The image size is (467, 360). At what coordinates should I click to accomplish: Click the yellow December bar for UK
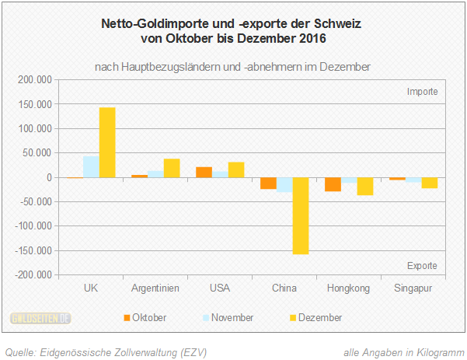pos(106,142)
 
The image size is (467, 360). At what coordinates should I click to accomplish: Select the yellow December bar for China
pos(300,215)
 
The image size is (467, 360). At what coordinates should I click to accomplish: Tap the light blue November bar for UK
pos(91,167)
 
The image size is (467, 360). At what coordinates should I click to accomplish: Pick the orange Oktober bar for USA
pos(204,173)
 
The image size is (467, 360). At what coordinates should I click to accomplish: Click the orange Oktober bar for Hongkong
pos(333,184)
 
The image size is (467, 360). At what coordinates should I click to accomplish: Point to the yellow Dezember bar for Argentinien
pos(171,168)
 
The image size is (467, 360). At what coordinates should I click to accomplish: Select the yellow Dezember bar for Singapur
pos(429,183)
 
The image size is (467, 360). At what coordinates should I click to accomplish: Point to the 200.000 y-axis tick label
pos(33,80)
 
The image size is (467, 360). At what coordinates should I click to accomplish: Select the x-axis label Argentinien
pos(155,288)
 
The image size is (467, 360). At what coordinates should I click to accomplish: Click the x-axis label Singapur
pos(413,288)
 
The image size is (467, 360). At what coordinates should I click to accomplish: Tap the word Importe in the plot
pos(422,92)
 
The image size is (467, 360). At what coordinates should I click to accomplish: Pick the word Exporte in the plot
pos(422,266)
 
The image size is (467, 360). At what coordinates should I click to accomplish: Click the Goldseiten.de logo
pos(41,317)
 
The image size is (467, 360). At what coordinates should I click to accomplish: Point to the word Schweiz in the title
pos(340,23)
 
